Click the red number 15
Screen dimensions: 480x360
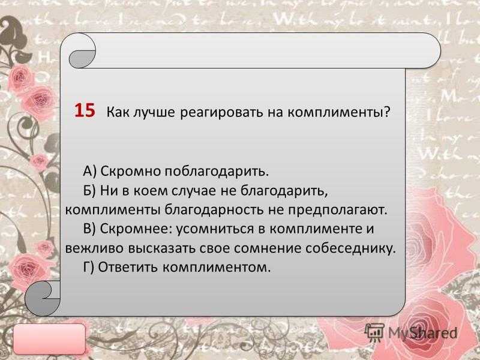[x=85, y=110]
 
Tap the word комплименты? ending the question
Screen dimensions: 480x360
[x=339, y=112]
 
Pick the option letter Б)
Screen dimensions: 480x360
[x=89, y=191]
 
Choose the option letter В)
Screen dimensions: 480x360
[x=89, y=229]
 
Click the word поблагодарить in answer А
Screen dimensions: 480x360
[x=217, y=172]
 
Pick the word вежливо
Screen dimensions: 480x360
[x=95, y=248]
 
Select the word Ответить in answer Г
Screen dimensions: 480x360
[x=128, y=268]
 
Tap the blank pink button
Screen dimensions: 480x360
[x=50, y=339]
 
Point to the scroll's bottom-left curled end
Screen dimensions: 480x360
[x=42, y=298]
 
